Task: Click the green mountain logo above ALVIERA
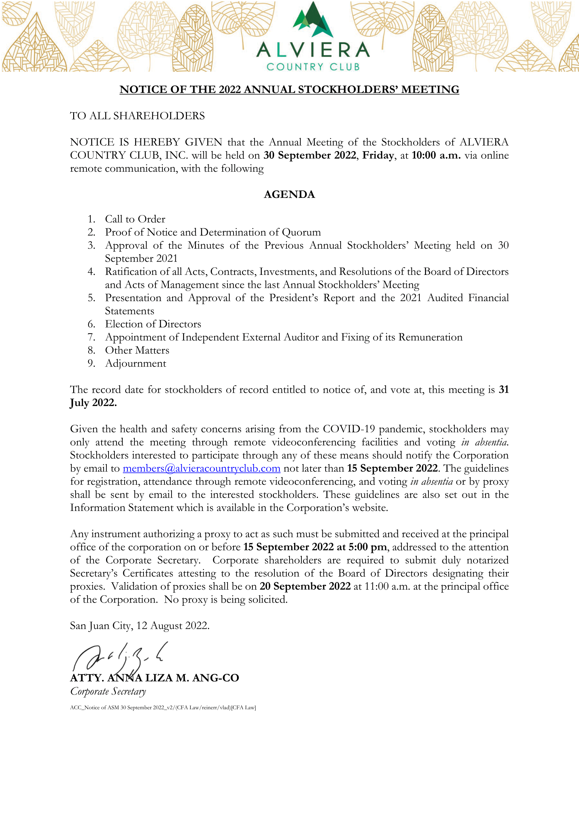pos(313,21)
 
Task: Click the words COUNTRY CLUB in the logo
pos(313,67)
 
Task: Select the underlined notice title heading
pos(289,90)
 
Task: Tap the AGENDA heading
pos(289,194)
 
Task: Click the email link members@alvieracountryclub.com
pos(201,469)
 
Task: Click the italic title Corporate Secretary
pos(108,691)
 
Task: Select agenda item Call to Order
pos(135,219)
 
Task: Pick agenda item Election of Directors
pos(153,324)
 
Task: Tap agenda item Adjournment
pos(135,363)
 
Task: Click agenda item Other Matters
pos(137,350)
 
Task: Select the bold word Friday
pos(378,155)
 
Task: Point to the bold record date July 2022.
pos(93,403)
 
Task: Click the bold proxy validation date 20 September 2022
pos(305,586)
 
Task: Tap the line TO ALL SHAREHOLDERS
pos(137,116)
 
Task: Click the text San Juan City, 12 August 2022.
pos(139,626)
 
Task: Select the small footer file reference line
pos(163,707)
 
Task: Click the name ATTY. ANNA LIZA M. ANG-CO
pos(154,678)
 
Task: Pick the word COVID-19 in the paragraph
pos(349,429)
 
